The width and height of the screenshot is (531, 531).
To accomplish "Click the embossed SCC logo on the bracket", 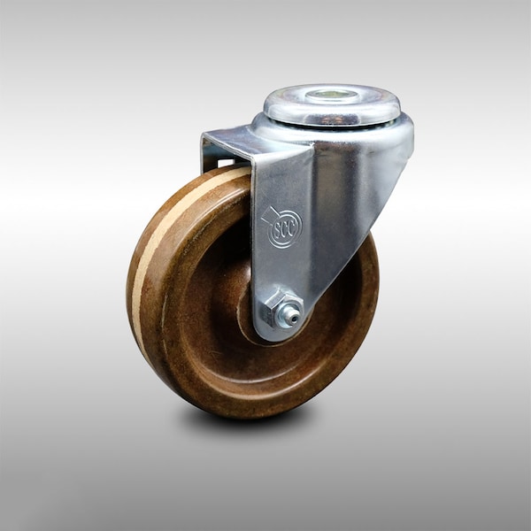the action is tap(282, 227).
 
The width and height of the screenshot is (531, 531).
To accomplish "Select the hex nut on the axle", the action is tap(274, 309).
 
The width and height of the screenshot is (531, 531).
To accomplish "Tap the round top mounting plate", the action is tap(332, 104).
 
